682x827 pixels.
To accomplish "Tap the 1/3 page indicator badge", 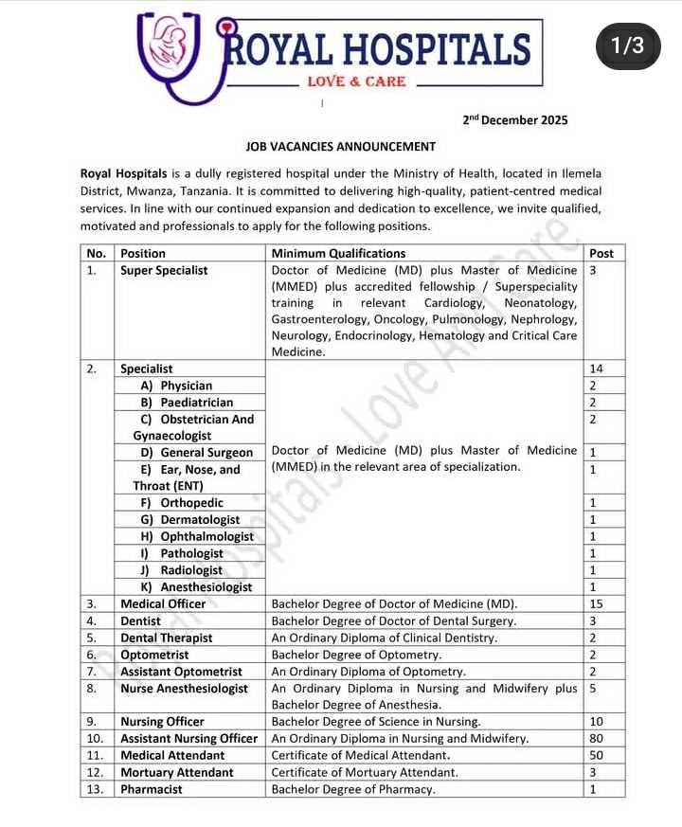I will [x=627, y=45].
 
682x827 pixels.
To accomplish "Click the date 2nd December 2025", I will [x=515, y=120].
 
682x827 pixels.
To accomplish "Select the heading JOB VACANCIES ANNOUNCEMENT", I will [x=341, y=147].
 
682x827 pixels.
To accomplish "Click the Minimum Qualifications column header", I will [x=338, y=253].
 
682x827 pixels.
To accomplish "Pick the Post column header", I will [x=601, y=253].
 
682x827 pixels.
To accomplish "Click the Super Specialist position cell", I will [x=164, y=270].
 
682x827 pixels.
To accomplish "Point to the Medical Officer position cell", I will [x=163, y=603].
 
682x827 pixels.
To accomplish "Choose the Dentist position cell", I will [x=142, y=620].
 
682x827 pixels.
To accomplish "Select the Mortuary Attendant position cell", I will [x=176, y=772].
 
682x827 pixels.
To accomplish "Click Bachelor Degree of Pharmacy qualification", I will [x=353, y=789].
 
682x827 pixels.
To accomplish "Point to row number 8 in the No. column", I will [x=92, y=689].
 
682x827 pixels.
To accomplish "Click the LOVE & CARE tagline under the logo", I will [x=356, y=81].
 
